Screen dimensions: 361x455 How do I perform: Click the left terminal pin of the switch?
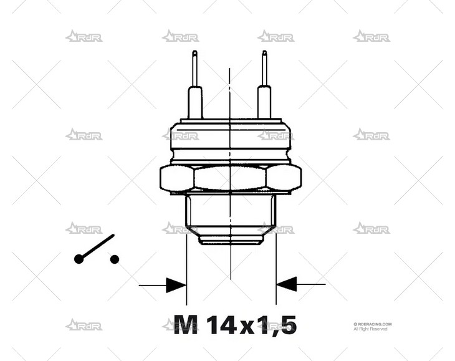pyautogui.click(x=195, y=87)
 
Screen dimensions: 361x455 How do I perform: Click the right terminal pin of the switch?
pyautogui.click(x=265, y=87)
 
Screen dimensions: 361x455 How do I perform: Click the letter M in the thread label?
pyautogui.click(x=186, y=324)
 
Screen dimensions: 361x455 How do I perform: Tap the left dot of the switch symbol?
pyautogui.click(x=79, y=259)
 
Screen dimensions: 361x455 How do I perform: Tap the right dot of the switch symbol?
pyautogui.click(x=114, y=259)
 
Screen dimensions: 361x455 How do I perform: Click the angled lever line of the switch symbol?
pyautogui.click(x=97, y=248)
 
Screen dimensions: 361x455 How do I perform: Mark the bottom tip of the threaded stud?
pyautogui.click(x=231, y=241)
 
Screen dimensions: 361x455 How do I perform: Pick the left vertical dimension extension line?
pyautogui.click(x=186, y=262)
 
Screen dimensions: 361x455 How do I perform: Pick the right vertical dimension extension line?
pyautogui.click(x=276, y=262)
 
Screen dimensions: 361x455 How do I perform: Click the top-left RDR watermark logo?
pyautogui.click(x=84, y=36)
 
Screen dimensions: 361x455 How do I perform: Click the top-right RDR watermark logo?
pyautogui.click(x=371, y=36)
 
